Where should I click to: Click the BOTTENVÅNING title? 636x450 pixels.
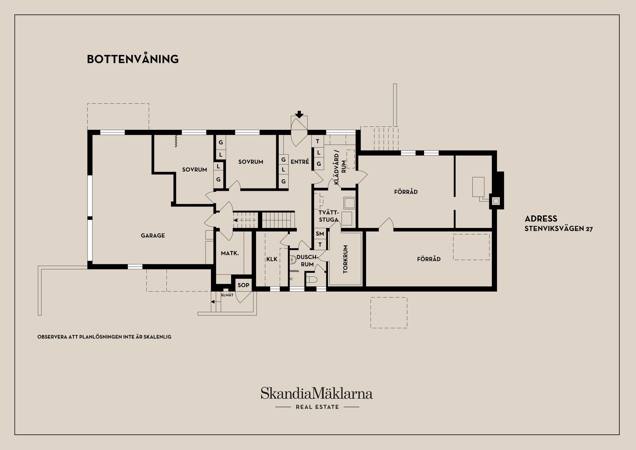[133, 59]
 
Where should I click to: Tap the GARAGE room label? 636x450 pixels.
[153, 236]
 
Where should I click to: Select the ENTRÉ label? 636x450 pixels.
[300, 162]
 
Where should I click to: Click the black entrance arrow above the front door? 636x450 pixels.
[299, 115]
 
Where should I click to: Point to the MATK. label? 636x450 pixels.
[230, 253]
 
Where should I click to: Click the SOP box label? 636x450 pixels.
[243, 285]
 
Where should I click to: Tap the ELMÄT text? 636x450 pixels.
[227, 295]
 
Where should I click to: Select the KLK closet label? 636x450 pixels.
[272, 259]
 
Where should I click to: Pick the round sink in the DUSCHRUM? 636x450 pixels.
[293, 260]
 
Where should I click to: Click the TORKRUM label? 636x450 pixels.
[345, 259]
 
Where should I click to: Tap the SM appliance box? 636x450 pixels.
[320, 234]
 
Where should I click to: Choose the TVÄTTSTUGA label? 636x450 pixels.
[329, 216]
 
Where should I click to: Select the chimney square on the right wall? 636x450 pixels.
[496, 201]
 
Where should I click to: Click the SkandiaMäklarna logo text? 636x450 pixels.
[317, 393]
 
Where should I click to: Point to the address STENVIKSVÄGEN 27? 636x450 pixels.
[559, 229]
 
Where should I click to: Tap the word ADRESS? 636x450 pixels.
[541, 219]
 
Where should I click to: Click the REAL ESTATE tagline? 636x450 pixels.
[317, 407]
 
